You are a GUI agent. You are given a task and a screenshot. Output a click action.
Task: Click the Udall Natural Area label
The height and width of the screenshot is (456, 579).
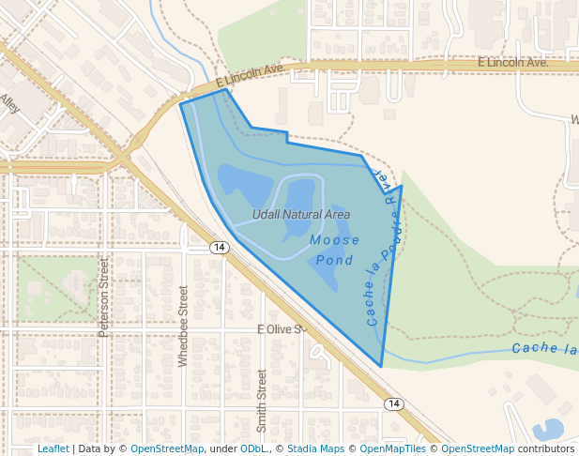coord(301,215)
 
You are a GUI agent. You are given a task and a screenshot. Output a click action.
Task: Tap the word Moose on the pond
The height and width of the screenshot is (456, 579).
coord(335,240)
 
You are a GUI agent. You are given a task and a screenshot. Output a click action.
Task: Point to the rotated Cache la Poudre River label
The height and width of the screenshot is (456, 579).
coord(385,249)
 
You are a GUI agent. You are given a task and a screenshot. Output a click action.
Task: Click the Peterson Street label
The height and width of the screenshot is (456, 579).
coord(105,298)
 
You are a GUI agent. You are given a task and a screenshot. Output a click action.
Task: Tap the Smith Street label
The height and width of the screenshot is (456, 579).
coord(262,400)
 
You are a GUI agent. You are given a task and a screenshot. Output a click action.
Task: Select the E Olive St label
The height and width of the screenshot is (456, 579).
coord(282,329)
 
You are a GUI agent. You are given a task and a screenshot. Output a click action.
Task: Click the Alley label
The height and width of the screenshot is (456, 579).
coord(10,102)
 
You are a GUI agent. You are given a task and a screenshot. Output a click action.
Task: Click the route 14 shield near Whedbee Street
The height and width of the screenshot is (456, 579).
coord(219,248)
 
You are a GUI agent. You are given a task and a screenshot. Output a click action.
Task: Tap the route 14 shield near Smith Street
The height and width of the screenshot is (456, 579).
coord(393,403)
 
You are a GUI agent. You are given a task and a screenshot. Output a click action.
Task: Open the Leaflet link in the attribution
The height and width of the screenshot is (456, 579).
coord(53,448)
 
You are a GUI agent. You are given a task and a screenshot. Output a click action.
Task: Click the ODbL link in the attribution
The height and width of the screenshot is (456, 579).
coord(254,448)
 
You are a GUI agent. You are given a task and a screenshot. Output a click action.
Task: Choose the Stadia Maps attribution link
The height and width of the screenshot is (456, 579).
coord(315,448)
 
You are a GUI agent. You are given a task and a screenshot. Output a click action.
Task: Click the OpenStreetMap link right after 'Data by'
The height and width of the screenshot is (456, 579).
coord(167,448)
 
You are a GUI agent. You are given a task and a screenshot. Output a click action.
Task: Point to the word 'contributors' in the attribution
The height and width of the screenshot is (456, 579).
coord(546,448)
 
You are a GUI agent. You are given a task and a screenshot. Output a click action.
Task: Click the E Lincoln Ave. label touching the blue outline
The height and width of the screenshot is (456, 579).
coord(250,76)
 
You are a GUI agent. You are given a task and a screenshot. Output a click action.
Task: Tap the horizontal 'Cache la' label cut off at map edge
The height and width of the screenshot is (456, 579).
coord(544,349)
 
